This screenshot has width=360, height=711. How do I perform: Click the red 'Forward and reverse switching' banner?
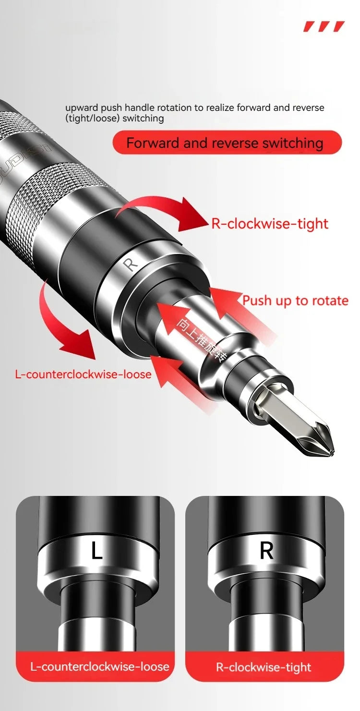(227, 143)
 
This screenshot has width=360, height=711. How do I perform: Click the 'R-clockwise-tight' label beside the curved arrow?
(270, 224)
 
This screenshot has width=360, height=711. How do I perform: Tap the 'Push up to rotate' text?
(295, 301)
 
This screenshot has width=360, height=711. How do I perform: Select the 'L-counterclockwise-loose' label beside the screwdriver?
(83, 374)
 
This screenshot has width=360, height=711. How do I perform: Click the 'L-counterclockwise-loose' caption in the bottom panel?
(100, 666)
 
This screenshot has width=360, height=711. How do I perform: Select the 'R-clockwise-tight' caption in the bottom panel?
(264, 667)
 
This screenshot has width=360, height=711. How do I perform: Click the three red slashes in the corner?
(324, 26)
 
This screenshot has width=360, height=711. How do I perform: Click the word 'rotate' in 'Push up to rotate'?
(329, 301)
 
